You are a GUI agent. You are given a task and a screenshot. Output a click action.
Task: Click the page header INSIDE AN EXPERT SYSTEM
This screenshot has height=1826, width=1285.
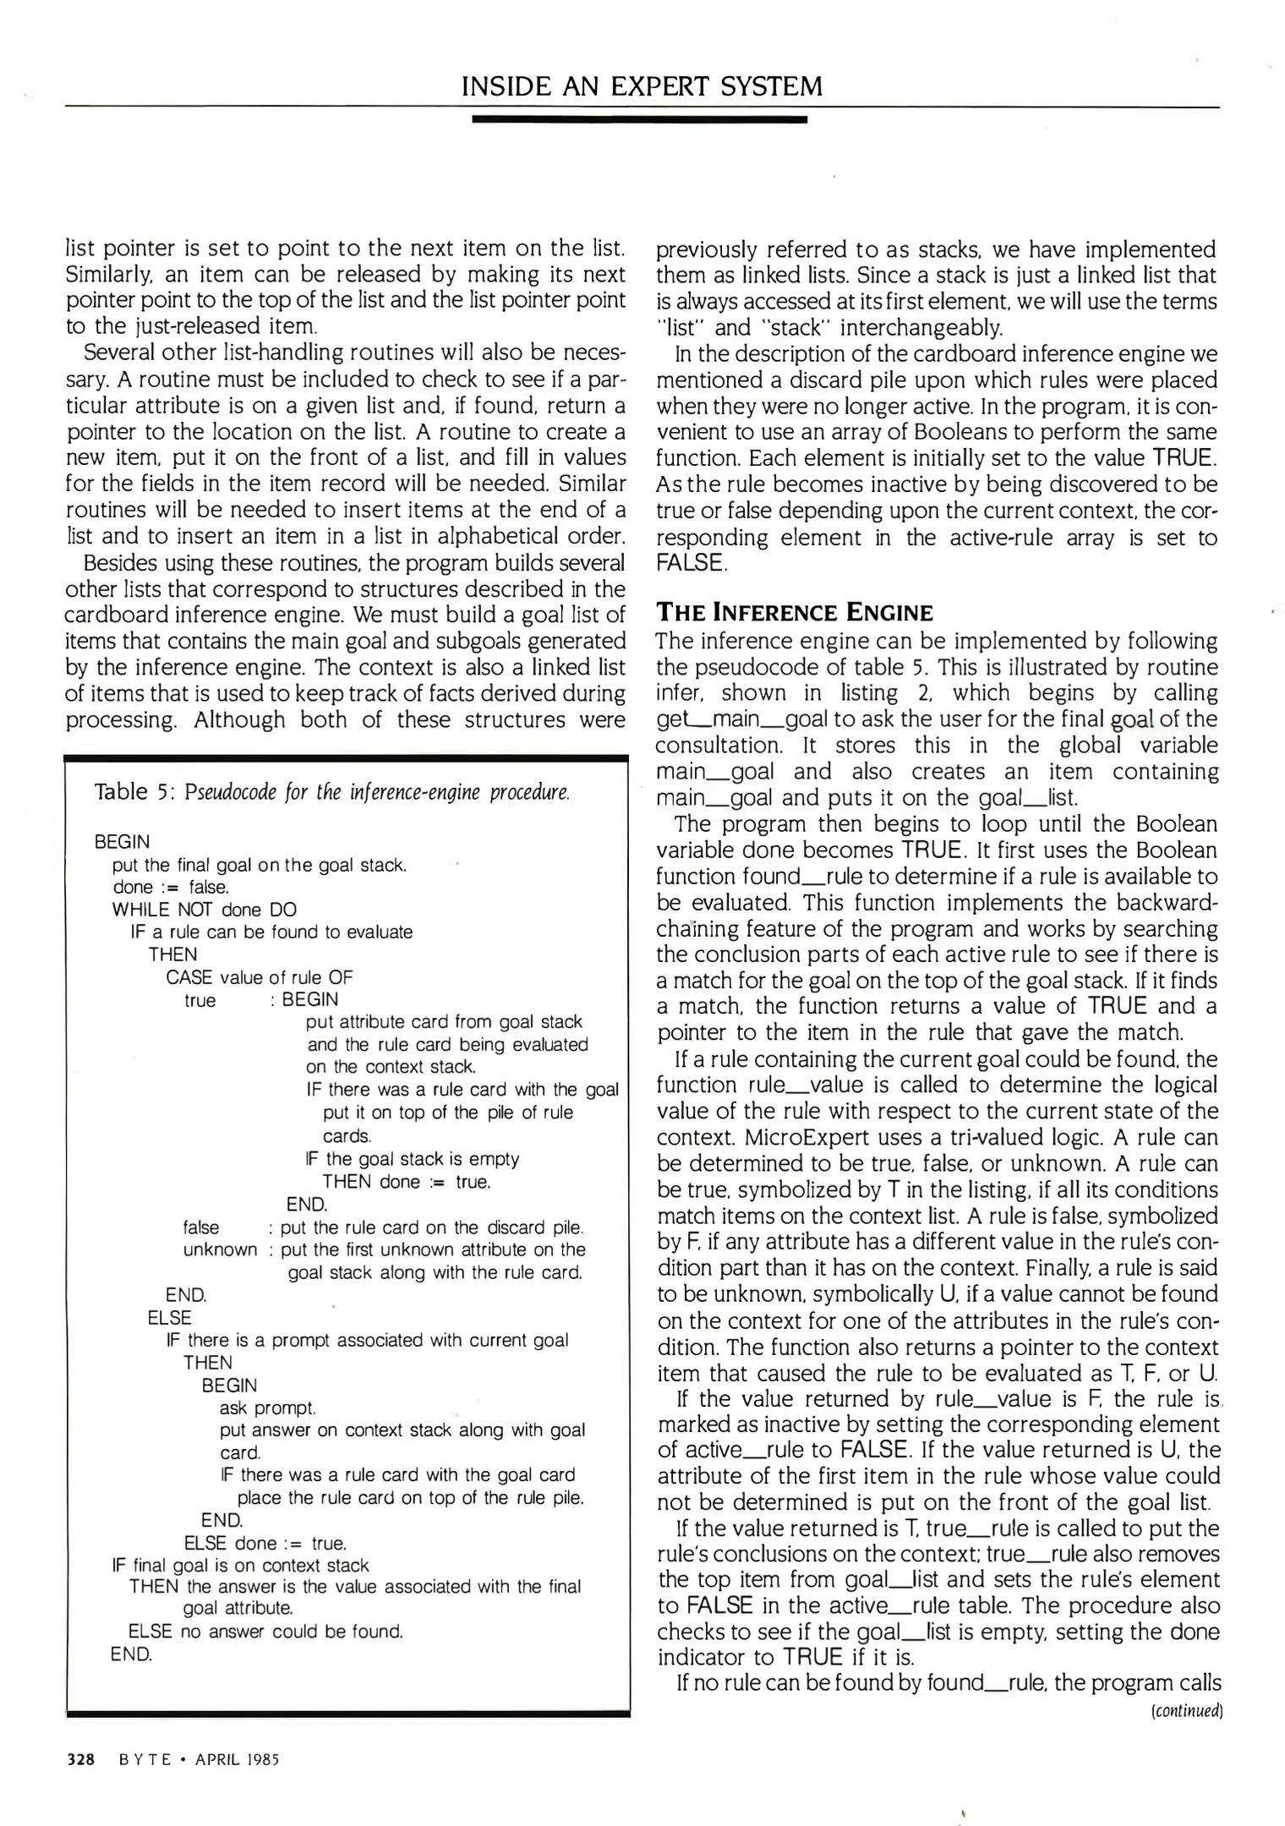point(642,86)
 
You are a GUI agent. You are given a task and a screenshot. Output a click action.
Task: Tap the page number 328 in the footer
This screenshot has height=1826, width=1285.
point(80,1759)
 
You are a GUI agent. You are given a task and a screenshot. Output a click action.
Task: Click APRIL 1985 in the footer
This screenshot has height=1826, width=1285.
point(237,1759)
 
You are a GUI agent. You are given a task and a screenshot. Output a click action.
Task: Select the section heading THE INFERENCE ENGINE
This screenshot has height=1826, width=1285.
point(795,612)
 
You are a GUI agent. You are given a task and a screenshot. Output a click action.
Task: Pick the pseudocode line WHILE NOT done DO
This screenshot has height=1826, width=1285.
point(205,910)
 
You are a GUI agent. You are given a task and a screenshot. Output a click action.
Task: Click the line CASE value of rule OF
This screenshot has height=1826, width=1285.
point(259,977)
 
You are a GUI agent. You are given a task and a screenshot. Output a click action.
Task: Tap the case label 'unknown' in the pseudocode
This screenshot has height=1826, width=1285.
point(220,1249)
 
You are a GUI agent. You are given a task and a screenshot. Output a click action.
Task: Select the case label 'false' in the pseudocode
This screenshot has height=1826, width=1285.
point(201,1227)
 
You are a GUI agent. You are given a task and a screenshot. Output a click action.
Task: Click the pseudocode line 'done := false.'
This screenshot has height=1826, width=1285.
point(171,887)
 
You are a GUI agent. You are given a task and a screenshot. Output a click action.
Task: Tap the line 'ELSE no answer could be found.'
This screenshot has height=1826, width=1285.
point(265,1631)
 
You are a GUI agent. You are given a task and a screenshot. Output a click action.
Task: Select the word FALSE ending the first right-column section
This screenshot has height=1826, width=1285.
point(691,563)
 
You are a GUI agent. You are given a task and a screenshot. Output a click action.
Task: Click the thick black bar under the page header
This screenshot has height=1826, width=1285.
point(639,120)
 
